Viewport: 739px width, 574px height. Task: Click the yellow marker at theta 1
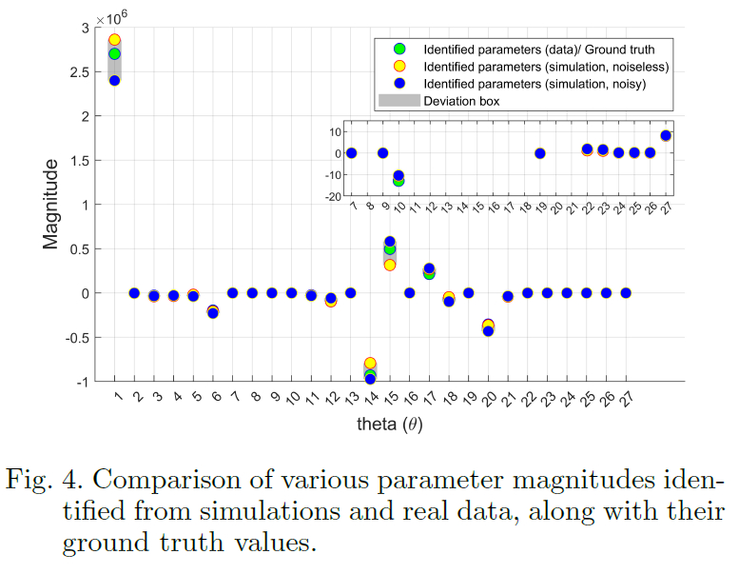coord(114,40)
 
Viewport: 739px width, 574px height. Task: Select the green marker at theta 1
coord(114,53)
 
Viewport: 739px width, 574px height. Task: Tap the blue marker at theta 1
coord(114,80)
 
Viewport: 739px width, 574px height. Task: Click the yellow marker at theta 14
coord(370,363)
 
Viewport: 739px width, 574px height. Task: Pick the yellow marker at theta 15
coord(390,265)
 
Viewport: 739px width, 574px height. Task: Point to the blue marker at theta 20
coord(488,330)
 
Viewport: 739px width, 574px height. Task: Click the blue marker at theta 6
coord(213,312)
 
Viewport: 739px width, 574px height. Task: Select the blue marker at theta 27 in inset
coord(666,135)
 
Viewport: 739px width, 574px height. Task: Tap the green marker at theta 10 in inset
coord(399,181)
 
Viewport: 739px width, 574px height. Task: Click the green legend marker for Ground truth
coord(399,49)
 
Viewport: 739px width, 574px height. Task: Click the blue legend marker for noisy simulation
coord(399,84)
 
